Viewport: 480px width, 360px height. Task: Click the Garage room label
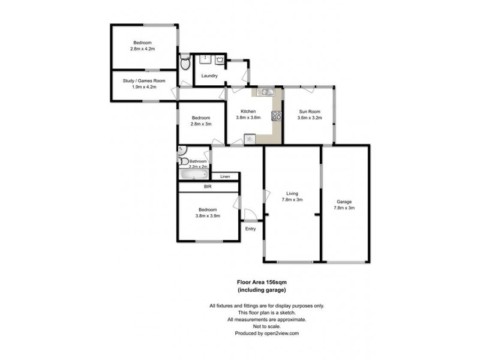pyautogui.click(x=344, y=202)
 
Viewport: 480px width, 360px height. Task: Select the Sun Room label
pyautogui.click(x=310, y=112)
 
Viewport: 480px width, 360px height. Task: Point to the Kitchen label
pyautogui.click(x=248, y=112)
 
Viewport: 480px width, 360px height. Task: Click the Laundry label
pyautogui.click(x=209, y=76)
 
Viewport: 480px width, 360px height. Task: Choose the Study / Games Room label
pyautogui.click(x=143, y=81)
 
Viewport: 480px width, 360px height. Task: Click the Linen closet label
pyautogui.click(x=225, y=176)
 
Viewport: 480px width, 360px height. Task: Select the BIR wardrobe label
pyautogui.click(x=208, y=187)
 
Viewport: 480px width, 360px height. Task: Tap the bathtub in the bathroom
pyautogui.click(x=193, y=174)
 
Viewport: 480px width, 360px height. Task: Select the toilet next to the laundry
pyautogui.click(x=186, y=62)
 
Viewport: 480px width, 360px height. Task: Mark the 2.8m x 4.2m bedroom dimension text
pyautogui.click(x=142, y=49)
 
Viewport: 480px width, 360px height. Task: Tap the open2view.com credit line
pyautogui.click(x=267, y=333)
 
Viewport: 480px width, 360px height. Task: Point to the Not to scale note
pyautogui.click(x=267, y=326)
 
